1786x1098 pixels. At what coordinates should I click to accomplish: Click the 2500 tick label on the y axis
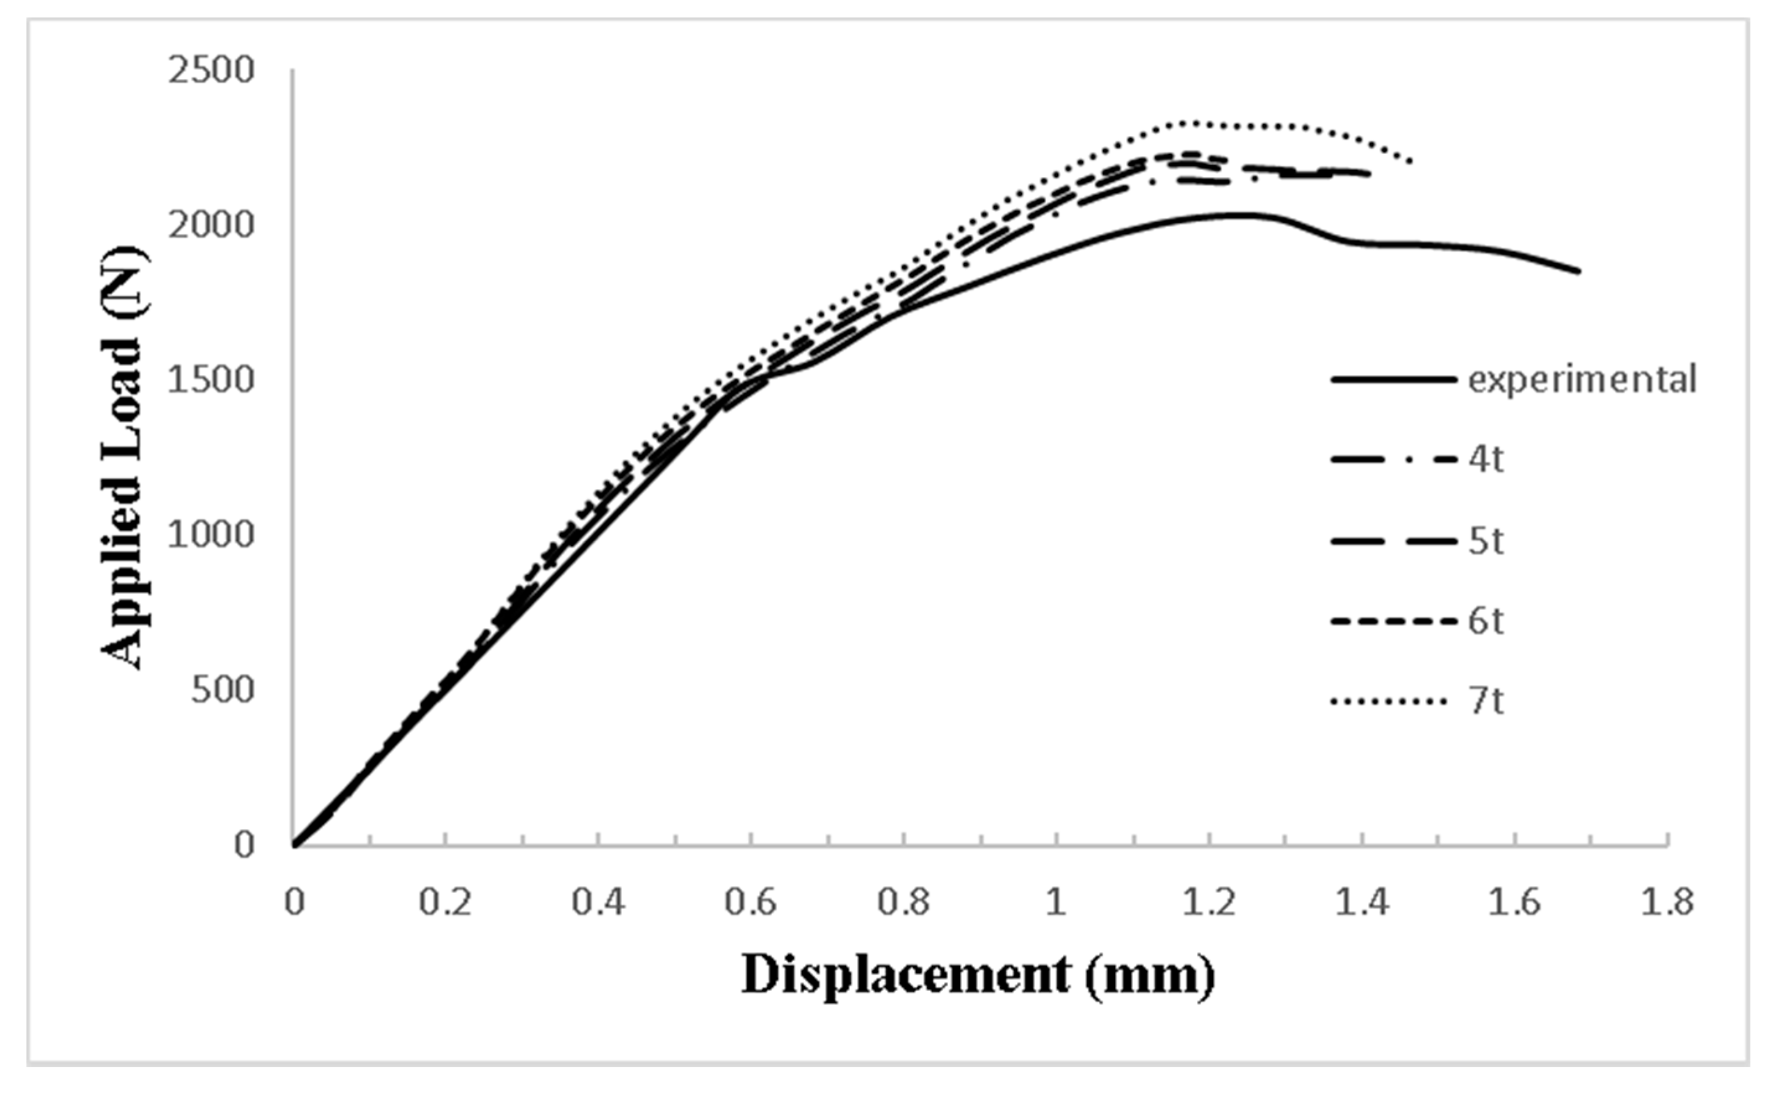(x=211, y=71)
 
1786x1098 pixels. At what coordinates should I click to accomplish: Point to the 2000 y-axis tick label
(x=211, y=226)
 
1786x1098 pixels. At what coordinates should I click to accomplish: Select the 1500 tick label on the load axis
(x=211, y=381)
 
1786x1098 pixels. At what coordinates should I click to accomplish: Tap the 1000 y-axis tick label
(x=211, y=535)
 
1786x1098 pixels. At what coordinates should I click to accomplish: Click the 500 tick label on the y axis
(x=223, y=690)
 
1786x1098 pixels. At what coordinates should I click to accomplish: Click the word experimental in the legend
(x=1583, y=380)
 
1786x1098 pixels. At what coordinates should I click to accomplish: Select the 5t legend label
(x=1485, y=541)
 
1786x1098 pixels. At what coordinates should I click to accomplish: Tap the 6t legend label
(x=1485, y=622)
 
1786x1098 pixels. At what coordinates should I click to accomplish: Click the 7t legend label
(x=1485, y=702)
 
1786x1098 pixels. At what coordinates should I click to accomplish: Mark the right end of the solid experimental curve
(x=1578, y=272)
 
